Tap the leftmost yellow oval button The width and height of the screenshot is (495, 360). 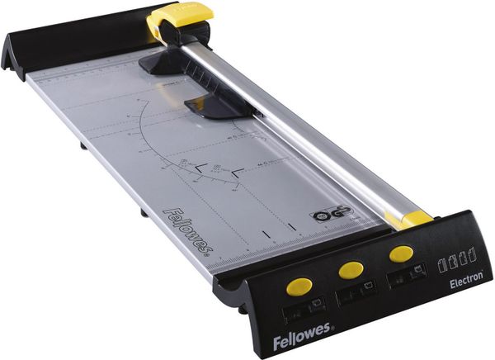coord(299,286)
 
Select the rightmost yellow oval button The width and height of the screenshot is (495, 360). coord(402,253)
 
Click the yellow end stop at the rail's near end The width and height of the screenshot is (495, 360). coord(408,219)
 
